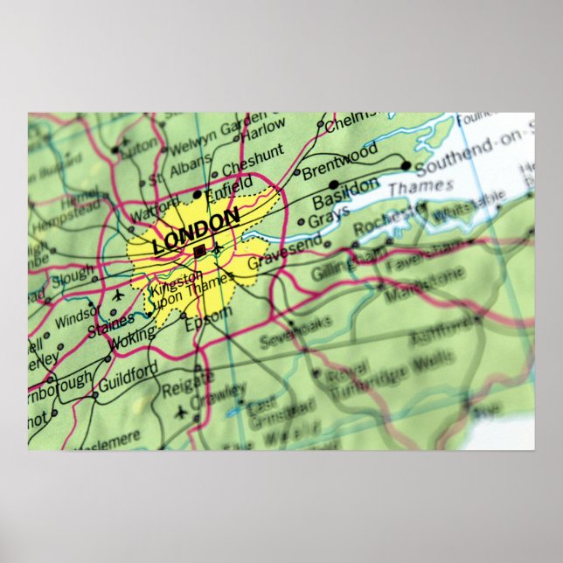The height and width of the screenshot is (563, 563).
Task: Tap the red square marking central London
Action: (x=199, y=251)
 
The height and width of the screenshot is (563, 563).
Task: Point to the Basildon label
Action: (x=345, y=192)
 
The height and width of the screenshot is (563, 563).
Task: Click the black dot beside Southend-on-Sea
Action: (x=406, y=165)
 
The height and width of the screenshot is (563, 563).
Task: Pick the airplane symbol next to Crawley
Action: (x=181, y=411)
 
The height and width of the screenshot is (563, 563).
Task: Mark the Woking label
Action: (x=131, y=339)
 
